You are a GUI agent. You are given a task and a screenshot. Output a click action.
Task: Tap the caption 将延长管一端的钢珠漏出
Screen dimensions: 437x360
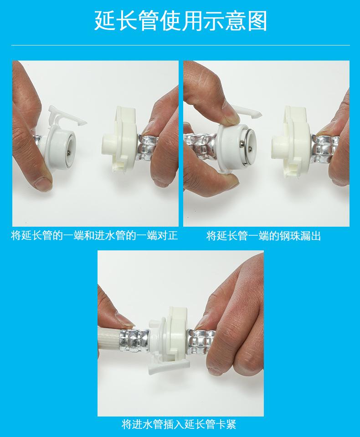(x=264, y=236)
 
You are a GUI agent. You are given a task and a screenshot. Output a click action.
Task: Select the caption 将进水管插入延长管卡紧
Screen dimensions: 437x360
(x=179, y=425)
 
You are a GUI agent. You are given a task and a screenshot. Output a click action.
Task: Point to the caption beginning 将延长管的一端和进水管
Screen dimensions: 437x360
(x=94, y=236)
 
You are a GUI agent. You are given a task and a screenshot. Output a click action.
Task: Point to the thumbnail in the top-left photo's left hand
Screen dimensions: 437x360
(x=43, y=182)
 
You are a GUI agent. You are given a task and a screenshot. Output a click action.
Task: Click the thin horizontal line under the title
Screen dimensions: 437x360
(x=180, y=45)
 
